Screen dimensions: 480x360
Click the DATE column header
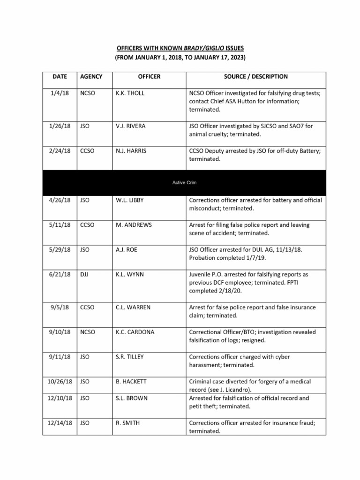pos(60,76)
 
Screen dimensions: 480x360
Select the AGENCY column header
pos(91,76)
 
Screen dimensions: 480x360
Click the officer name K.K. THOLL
pos(130,93)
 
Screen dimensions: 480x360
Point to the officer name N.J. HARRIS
pos(131,151)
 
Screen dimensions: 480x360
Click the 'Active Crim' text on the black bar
pos(180,182)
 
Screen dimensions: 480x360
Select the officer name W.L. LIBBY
pos(130,200)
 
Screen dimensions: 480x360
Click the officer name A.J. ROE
pos(127,250)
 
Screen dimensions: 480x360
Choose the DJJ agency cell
pos(85,274)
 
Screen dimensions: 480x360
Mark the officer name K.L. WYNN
pos(130,274)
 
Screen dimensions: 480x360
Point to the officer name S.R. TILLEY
pos(130,357)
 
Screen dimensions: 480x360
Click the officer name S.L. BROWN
pos(131,398)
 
